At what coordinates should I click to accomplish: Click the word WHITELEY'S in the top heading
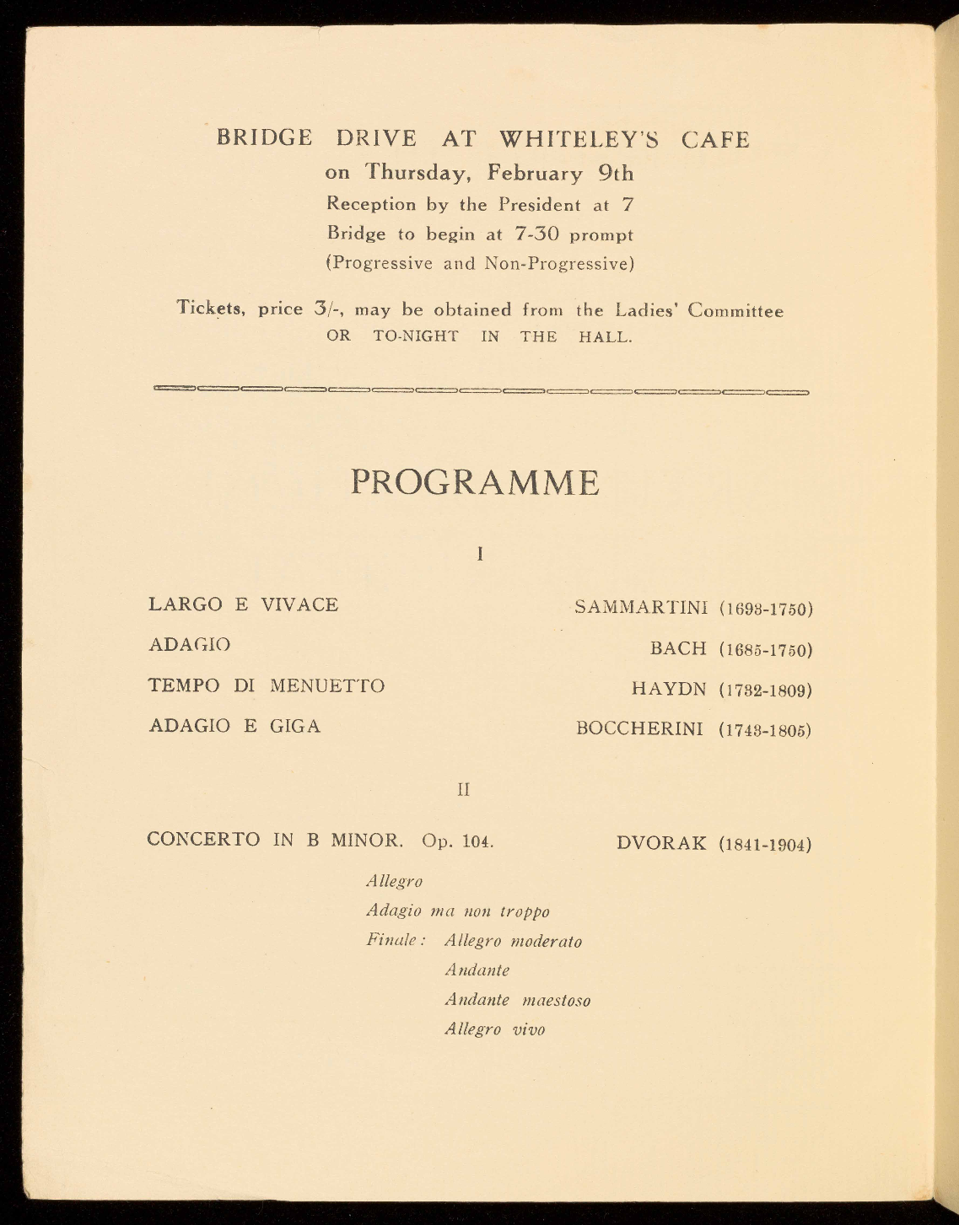coord(579,139)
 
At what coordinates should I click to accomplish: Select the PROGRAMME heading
coord(475,482)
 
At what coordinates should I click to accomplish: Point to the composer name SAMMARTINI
coord(640,607)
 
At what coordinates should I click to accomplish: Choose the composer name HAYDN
coord(669,690)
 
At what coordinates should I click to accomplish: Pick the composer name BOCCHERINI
coord(639,728)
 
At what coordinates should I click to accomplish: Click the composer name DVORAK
coord(661,843)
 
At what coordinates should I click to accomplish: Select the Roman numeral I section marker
coord(479,554)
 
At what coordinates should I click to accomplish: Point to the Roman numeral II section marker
coord(463,790)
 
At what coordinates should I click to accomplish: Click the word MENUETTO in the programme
coord(327,685)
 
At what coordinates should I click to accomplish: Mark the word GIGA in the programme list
coord(295,726)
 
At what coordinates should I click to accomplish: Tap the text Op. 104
coord(459,841)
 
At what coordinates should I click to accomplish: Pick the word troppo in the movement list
coord(524,911)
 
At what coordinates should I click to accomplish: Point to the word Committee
coord(735,310)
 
